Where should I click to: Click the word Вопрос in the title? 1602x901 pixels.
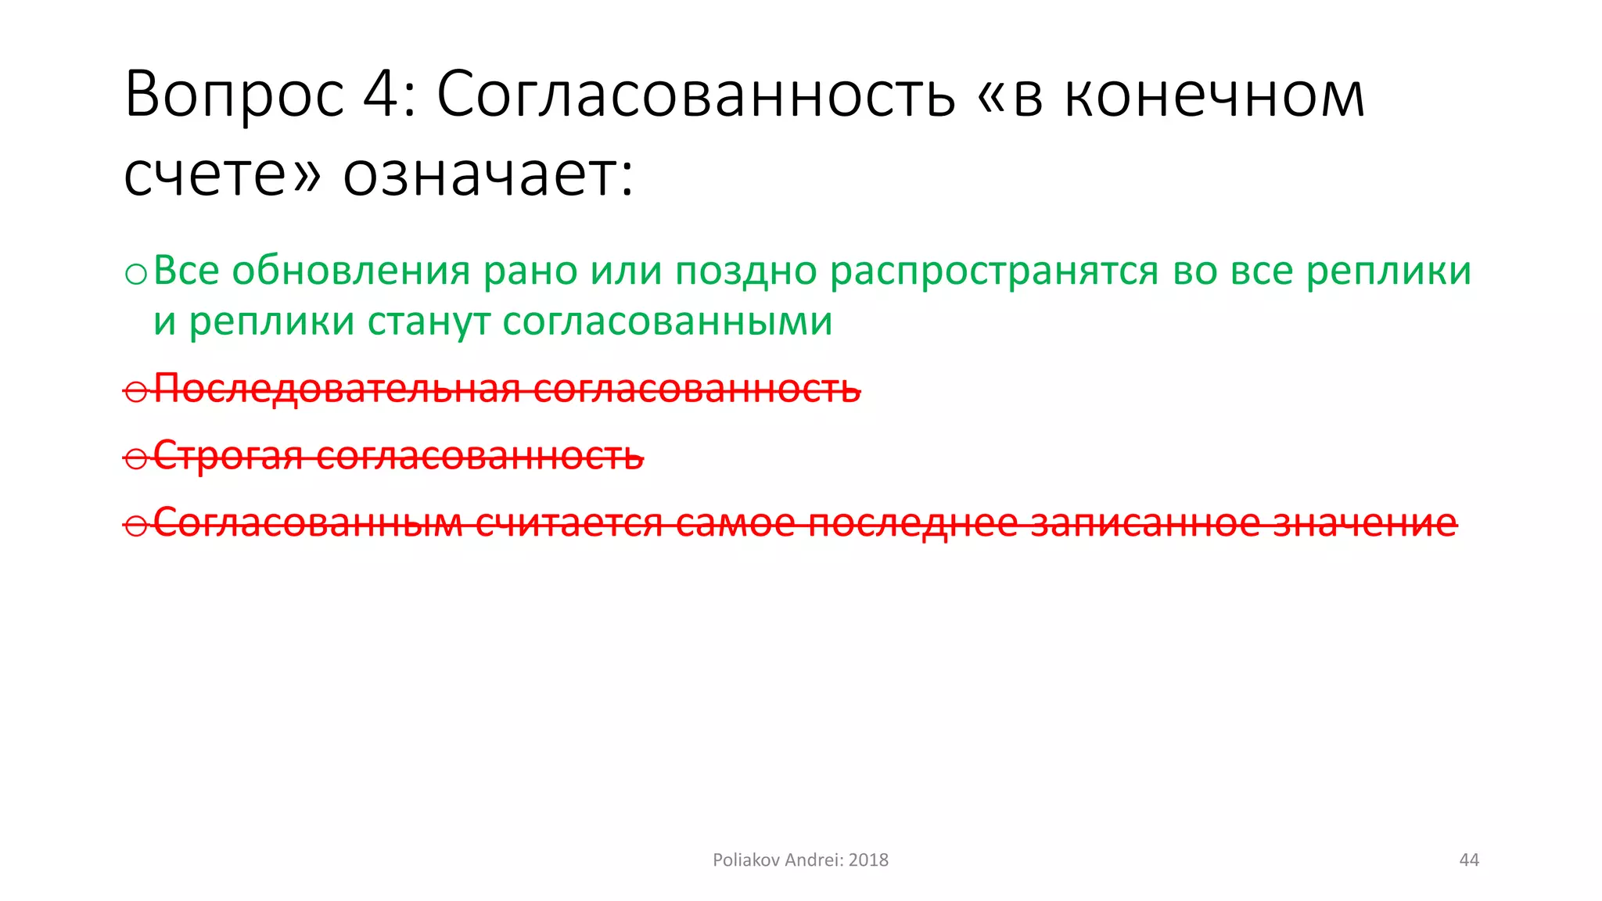tap(234, 95)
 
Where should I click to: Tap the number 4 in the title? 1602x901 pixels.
tap(381, 95)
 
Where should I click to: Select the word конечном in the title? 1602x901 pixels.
tap(1214, 95)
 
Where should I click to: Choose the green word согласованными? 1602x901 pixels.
tap(667, 321)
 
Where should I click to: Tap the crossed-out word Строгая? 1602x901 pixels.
tap(228, 456)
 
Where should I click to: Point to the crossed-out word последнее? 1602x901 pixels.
tap(912, 522)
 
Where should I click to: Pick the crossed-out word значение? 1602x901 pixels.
tap(1364, 522)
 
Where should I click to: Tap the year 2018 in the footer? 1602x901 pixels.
tap(868, 860)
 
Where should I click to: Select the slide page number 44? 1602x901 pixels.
tap(1469, 860)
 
